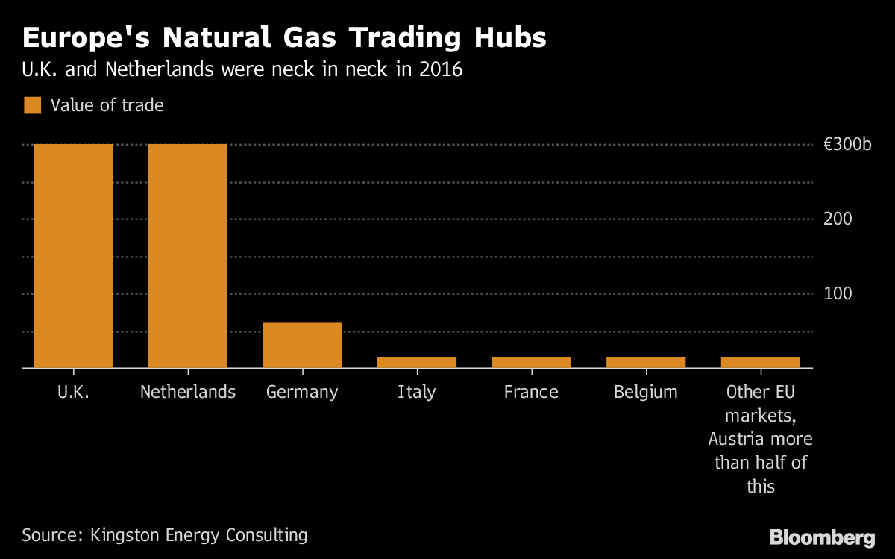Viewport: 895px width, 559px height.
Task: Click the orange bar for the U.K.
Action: (x=73, y=255)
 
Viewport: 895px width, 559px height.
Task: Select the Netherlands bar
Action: (x=188, y=255)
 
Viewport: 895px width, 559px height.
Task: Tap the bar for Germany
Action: (x=302, y=345)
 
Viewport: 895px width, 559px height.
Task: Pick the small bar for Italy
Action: (x=417, y=362)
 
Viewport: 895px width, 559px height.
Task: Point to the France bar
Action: (x=531, y=362)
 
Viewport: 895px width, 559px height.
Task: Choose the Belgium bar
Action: (x=646, y=362)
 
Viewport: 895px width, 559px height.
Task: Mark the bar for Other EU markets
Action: (x=761, y=362)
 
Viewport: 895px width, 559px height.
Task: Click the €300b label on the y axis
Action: (x=847, y=144)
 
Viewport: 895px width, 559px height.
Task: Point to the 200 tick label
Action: (x=838, y=219)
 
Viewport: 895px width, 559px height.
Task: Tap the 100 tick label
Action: (x=838, y=293)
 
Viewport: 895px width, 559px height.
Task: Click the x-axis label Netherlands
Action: (x=188, y=392)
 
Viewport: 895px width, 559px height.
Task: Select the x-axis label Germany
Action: (x=302, y=393)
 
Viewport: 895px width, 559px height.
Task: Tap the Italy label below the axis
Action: (x=417, y=393)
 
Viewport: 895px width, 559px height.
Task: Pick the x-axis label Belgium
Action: (x=646, y=393)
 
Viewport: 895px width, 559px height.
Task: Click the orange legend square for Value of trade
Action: (x=32, y=105)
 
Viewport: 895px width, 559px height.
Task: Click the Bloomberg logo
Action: (x=822, y=538)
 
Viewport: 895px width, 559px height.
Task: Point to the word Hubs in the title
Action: (x=510, y=37)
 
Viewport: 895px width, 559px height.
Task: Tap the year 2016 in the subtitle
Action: (x=441, y=69)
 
